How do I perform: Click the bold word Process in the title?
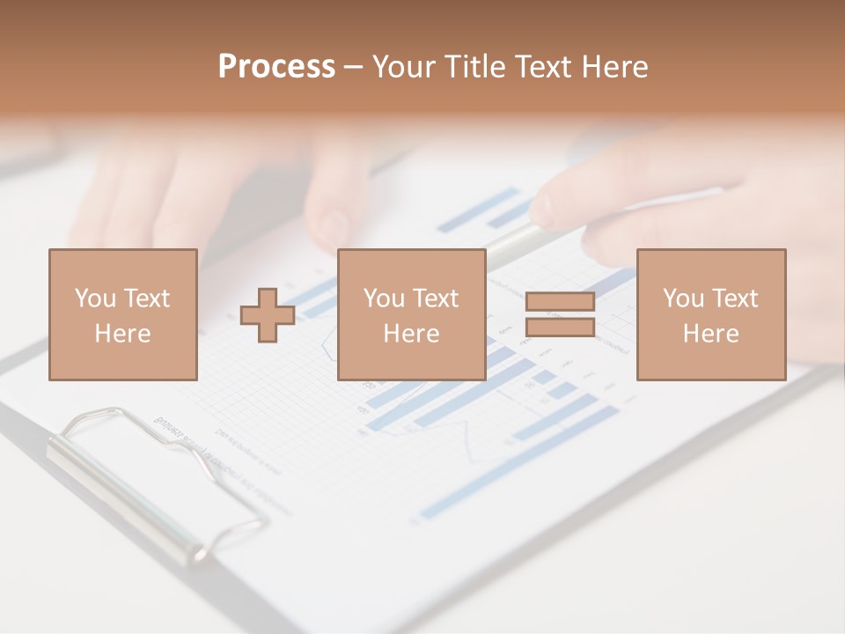[276, 67]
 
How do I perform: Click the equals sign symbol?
[560, 314]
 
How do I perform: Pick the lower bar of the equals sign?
[560, 327]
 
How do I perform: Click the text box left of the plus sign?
[123, 314]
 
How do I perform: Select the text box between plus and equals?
[411, 314]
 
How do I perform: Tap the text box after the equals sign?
[710, 314]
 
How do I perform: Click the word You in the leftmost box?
[94, 299]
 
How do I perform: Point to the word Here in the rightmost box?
[710, 334]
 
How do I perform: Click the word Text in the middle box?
[437, 299]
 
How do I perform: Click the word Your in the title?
[404, 67]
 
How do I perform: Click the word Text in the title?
[541, 67]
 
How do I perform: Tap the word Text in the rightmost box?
[736, 299]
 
